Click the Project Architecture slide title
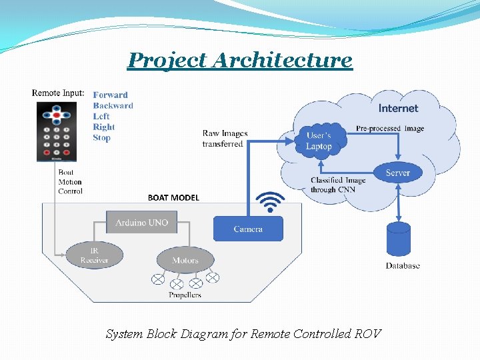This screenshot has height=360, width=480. [x=240, y=60]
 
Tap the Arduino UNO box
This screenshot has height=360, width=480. [x=141, y=223]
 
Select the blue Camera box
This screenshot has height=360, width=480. [x=248, y=229]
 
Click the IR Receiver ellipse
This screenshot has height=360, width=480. [x=94, y=255]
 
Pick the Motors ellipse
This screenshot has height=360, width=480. [x=185, y=260]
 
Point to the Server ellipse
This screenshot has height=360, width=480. [x=397, y=173]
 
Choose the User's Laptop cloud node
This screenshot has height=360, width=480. [x=319, y=141]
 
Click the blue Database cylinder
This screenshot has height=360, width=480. [x=399, y=239]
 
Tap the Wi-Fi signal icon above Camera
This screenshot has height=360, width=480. [x=270, y=201]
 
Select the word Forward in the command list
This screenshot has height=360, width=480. [x=110, y=95]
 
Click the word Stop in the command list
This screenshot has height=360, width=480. [x=101, y=138]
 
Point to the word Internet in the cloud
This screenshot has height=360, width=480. [x=398, y=108]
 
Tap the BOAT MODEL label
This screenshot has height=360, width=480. [x=173, y=197]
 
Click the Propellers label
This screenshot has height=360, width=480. [x=185, y=295]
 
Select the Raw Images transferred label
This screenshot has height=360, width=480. [x=225, y=139]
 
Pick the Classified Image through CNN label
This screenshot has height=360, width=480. [x=338, y=185]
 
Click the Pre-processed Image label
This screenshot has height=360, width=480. [x=389, y=129]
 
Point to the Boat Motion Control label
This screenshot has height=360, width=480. [x=70, y=181]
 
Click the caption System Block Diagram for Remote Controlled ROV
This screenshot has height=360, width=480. [x=243, y=333]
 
